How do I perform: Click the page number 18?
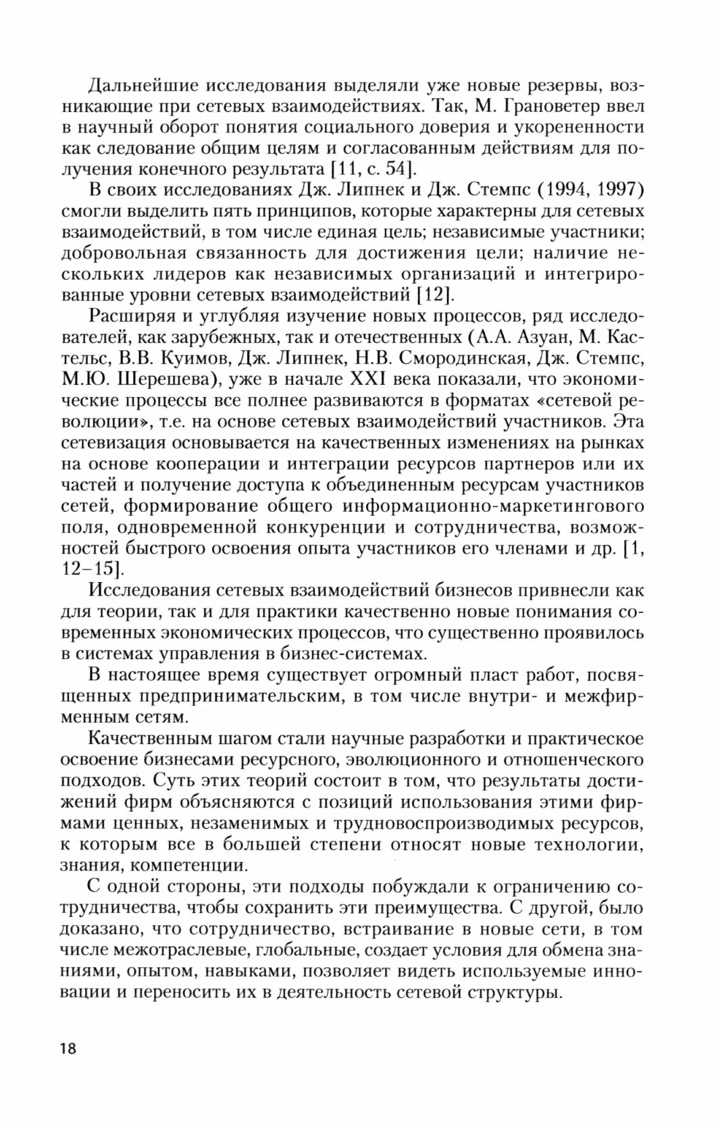pos(68,1049)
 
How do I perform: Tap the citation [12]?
pos(434,295)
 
